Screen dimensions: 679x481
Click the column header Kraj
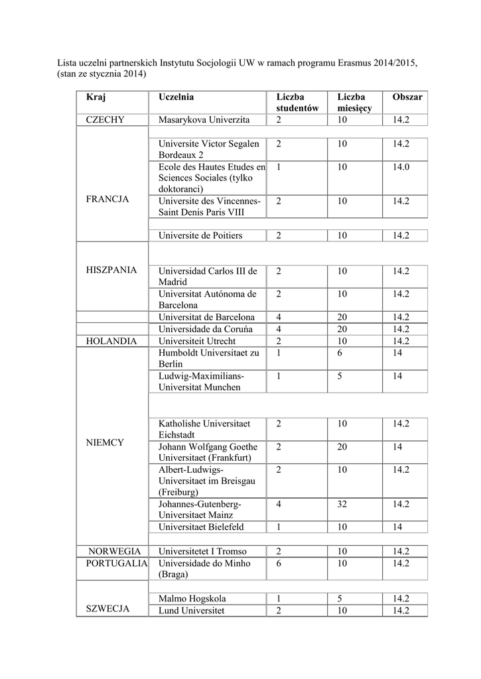(96, 97)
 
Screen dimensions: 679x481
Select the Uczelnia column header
(176, 97)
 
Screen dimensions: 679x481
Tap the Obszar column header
(407, 97)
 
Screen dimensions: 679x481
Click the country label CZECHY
(110, 120)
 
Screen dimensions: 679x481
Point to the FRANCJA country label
(107, 199)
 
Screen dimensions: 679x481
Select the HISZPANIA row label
(111, 270)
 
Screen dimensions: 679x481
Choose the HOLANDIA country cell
(111, 341)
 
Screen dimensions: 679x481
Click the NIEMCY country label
(105, 442)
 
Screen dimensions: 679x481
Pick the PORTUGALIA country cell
(116, 563)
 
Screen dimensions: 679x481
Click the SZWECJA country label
(107, 609)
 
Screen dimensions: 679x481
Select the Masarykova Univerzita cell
(204, 120)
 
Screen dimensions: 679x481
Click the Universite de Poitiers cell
(200, 235)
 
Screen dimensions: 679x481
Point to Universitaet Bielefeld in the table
(201, 527)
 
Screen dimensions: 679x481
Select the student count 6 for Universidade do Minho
(279, 563)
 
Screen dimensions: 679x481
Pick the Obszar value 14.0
(401, 167)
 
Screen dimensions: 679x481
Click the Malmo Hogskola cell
(191, 598)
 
